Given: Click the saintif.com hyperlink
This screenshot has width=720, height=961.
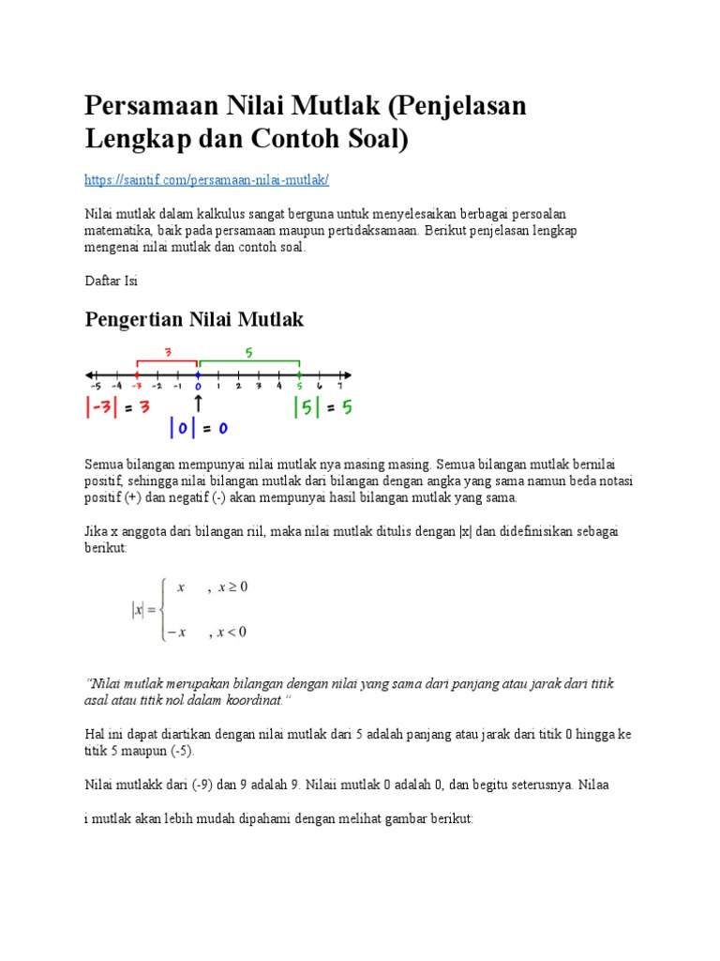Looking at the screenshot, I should pos(206,179).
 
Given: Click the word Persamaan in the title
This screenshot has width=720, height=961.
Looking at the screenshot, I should pos(154,106).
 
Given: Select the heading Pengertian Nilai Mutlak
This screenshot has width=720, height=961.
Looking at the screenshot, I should pos(194,320).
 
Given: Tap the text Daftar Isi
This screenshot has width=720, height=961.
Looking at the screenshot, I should pos(112,281).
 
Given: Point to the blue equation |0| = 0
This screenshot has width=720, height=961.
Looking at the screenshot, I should pos(199,428).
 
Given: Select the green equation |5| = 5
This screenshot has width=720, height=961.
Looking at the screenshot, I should pos(322,408).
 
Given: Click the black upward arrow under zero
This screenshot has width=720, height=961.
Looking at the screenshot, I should pos(199,403).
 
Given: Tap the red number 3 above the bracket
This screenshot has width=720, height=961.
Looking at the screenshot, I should pos(167,353).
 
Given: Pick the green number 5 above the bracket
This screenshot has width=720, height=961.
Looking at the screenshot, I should pos(249,353).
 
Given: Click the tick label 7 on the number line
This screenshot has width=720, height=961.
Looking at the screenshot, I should pos(340,385).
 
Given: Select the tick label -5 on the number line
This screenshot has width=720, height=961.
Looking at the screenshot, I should pos(96,385).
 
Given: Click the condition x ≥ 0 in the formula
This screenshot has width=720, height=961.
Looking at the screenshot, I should pos(232,587).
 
